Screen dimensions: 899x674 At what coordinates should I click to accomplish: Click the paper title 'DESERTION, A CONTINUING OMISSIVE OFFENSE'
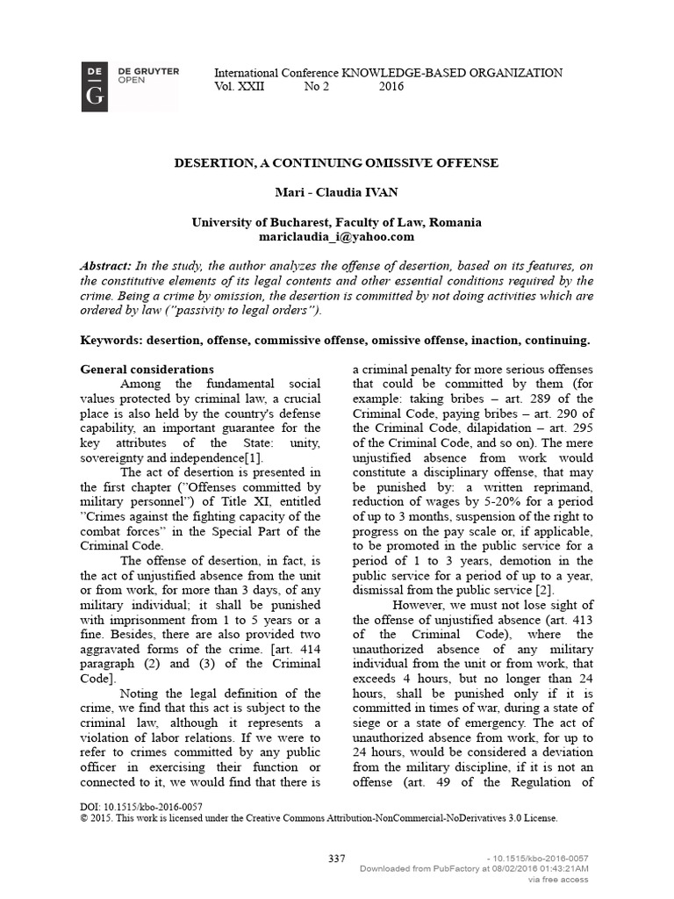[336, 163]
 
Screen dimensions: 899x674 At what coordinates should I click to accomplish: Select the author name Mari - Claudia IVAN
[336, 193]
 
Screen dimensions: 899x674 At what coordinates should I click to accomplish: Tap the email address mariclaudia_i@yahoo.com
[336, 237]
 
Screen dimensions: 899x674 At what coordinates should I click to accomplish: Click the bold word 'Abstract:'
[106, 266]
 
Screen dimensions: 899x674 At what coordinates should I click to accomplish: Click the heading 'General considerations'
[147, 370]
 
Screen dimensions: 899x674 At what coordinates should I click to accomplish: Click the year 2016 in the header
[391, 87]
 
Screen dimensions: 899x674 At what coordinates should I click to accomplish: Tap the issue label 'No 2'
[315, 87]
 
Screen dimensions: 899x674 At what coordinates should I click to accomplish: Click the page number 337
[336, 858]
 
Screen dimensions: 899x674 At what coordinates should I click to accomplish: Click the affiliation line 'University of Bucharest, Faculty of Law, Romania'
[336, 223]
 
